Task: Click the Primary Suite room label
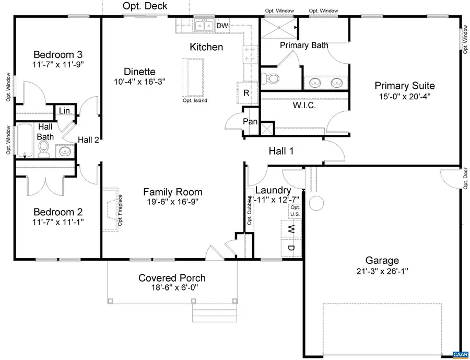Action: point(404,86)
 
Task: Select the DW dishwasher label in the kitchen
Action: point(222,26)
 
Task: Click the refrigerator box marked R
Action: point(246,93)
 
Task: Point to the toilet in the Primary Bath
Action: point(272,79)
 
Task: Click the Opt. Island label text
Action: point(195,100)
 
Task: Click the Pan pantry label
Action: point(250,122)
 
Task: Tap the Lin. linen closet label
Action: point(65,111)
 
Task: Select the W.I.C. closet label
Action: point(305,105)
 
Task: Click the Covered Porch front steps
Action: point(205,315)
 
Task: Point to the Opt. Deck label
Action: point(145,6)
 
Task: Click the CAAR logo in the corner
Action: point(460,354)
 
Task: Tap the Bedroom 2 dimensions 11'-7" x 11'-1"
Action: point(58,222)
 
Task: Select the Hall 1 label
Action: point(281,151)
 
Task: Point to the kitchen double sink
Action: point(203,26)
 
